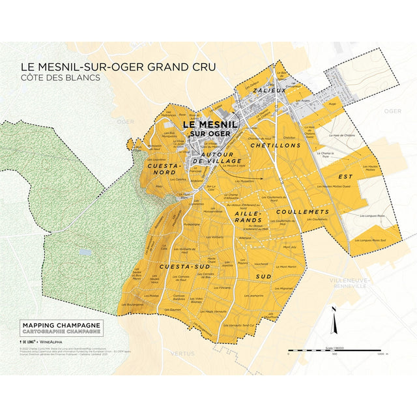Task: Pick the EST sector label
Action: pyautogui.click(x=345, y=176)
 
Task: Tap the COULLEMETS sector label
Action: pyautogui.click(x=302, y=212)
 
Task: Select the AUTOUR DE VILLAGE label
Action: pyautogui.click(x=220, y=156)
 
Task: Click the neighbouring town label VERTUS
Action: pyautogui.click(x=183, y=352)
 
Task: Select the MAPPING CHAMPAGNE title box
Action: pyautogui.click(x=61, y=327)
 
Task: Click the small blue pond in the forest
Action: pyautogui.click(x=83, y=251)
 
